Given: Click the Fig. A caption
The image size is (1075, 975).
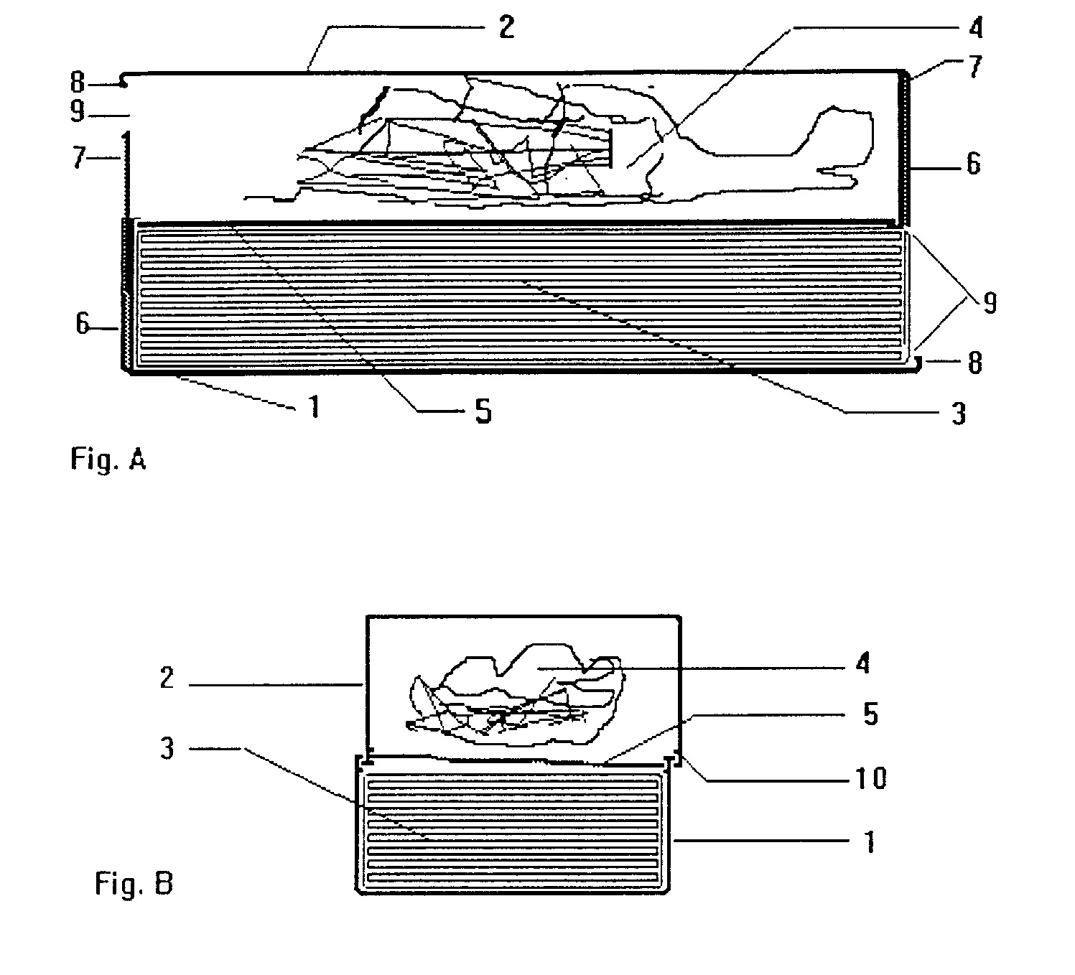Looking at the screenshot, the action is pyautogui.click(x=108, y=459).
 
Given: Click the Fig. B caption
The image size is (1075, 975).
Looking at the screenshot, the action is pyautogui.click(x=134, y=883).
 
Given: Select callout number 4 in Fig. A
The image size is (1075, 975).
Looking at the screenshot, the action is pyautogui.click(x=976, y=28).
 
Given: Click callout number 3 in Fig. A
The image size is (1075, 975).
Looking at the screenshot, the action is pyautogui.click(x=959, y=414).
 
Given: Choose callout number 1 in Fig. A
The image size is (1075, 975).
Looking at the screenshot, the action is pyautogui.click(x=315, y=406).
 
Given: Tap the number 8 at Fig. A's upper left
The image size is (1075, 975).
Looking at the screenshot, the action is pyautogui.click(x=78, y=83).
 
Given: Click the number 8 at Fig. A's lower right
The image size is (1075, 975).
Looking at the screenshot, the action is pyautogui.click(x=974, y=363).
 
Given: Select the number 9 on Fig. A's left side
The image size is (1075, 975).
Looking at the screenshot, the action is pyautogui.click(x=78, y=112).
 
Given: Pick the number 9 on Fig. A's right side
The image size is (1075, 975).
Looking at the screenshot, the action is pyautogui.click(x=990, y=302).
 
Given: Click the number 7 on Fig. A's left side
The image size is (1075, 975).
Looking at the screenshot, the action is pyautogui.click(x=79, y=157).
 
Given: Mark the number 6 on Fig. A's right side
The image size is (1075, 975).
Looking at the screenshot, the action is pyautogui.click(x=974, y=164).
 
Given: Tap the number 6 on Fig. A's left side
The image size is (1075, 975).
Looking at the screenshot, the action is pyautogui.click(x=82, y=324).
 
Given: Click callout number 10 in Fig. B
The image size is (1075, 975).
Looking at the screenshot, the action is pyautogui.click(x=871, y=778).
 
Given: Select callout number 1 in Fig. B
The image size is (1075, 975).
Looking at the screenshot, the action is pyautogui.click(x=870, y=841).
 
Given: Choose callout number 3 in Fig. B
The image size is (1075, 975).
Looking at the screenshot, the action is pyautogui.click(x=167, y=748).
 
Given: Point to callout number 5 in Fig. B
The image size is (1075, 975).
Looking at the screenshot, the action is pyautogui.click(x=871, y=714).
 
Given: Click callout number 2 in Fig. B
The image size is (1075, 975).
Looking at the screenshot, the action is pyautogui.click(x=167, y=678).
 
